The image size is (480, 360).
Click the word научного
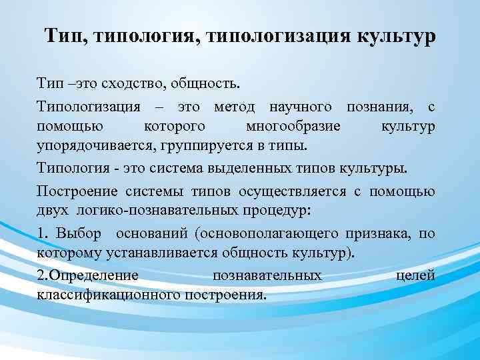(x=305, y=107)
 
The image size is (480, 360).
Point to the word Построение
(x=77, y=191)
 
